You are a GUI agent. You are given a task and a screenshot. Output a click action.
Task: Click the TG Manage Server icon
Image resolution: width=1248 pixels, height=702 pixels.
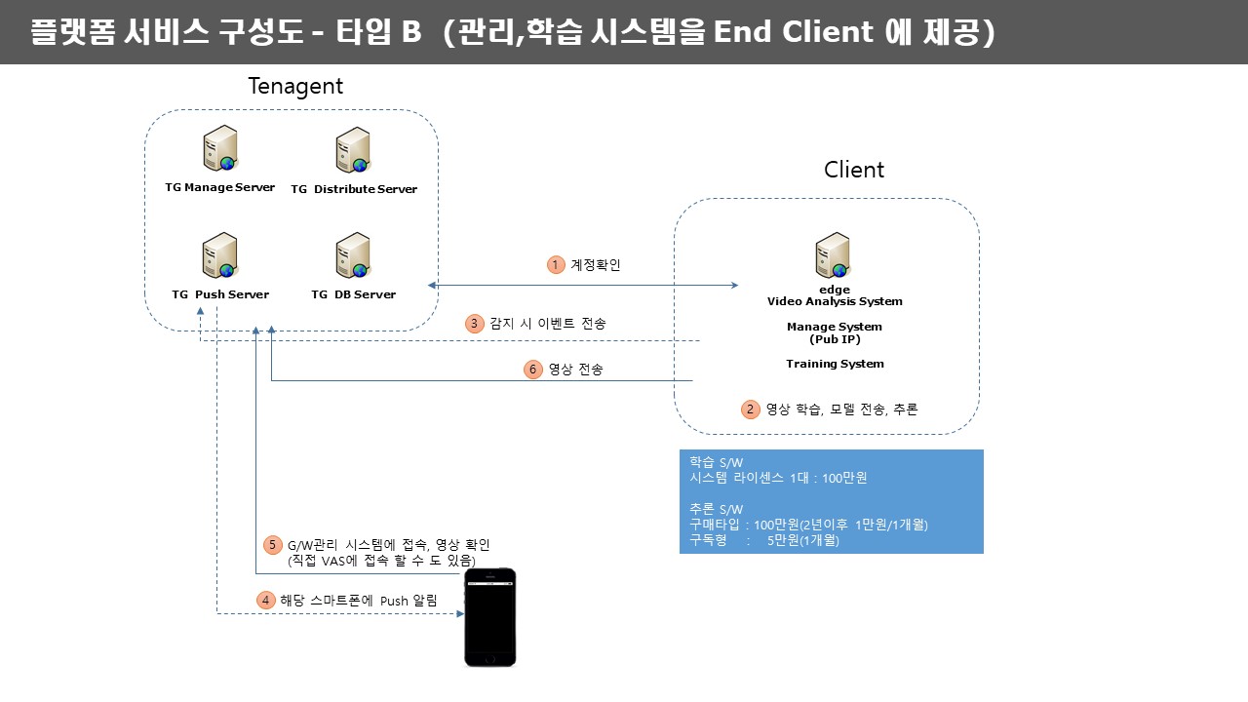[220, 148]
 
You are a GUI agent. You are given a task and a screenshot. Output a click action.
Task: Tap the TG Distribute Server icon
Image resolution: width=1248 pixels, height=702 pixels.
[353, 150]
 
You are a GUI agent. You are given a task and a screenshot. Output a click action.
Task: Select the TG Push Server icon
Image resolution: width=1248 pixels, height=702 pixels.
[220, 255]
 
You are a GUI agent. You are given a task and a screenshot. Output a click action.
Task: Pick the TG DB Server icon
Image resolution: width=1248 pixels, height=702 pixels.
[353, 255]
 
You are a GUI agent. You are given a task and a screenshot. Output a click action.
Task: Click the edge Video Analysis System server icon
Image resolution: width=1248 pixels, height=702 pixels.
[833, 255]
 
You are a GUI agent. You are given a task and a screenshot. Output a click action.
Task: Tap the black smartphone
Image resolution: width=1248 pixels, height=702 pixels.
[490, 617]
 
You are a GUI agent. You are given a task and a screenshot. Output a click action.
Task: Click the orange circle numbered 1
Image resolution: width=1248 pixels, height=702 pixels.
[556, 264]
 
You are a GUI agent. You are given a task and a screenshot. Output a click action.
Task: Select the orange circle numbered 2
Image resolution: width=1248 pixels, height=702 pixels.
[750, 409]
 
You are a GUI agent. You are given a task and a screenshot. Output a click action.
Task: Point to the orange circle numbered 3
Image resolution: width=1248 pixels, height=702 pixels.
[474, 324]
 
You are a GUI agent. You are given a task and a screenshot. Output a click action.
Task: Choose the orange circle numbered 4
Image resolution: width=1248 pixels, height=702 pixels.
[266, 601]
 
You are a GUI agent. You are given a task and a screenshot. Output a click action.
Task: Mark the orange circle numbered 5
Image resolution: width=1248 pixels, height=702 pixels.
[272, 545]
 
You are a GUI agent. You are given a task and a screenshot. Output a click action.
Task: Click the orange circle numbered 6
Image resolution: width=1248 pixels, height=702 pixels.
[532, 370]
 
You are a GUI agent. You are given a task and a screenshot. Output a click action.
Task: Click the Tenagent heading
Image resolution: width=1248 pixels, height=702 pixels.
[295, 87]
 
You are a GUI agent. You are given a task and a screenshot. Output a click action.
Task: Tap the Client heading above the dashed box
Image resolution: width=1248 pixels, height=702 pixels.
[853, 170]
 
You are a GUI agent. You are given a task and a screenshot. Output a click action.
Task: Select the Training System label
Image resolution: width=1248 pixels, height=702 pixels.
[835, 364]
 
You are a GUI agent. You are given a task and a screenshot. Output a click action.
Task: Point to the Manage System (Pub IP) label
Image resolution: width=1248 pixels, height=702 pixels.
[835, 333]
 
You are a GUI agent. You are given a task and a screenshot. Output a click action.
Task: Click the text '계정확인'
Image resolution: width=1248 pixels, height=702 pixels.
[595, 264]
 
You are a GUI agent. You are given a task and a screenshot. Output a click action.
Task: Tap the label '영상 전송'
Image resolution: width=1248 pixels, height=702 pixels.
[575, 370]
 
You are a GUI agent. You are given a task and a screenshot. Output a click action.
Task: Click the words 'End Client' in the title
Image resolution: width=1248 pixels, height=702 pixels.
[794, 31]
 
